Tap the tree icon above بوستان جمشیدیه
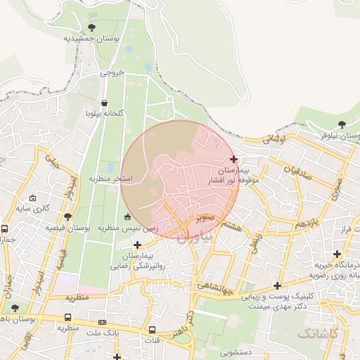(x=92, y=28)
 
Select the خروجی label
(x=112, y=72)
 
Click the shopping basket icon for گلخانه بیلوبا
(x=105, y=103)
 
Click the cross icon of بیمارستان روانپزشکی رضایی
(x=137, y=245)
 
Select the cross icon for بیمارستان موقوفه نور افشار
(x=233, y=160)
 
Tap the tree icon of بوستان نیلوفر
(x=342, y=124)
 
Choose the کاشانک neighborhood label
(x=317, y=332)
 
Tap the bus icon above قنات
(x=152, y=330)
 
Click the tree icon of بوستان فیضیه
(x=67, y=217)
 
